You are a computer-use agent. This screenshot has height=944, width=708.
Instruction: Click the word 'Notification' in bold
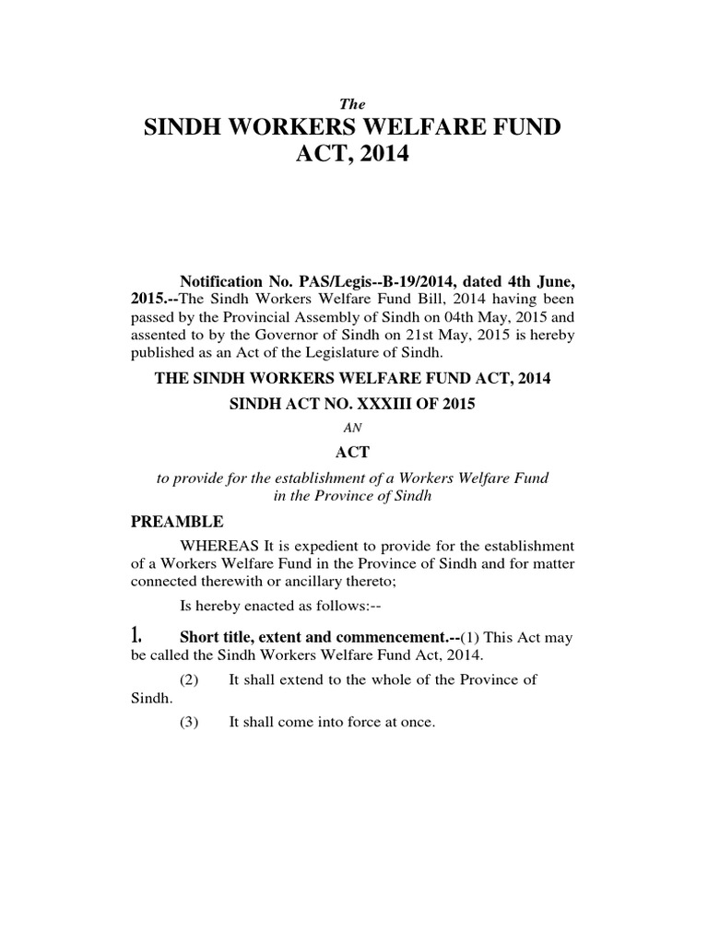pos(222,279)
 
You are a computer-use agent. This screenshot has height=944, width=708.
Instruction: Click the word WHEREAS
pos(216,546)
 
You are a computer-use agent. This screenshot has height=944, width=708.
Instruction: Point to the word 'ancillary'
pos(339,583)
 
